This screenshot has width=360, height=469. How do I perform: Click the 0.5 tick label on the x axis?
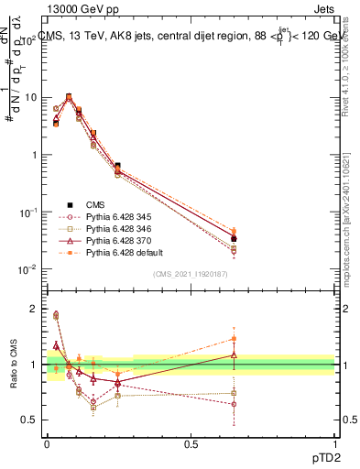tap(191, 442)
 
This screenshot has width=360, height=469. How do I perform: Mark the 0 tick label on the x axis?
tap(47, 442)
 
